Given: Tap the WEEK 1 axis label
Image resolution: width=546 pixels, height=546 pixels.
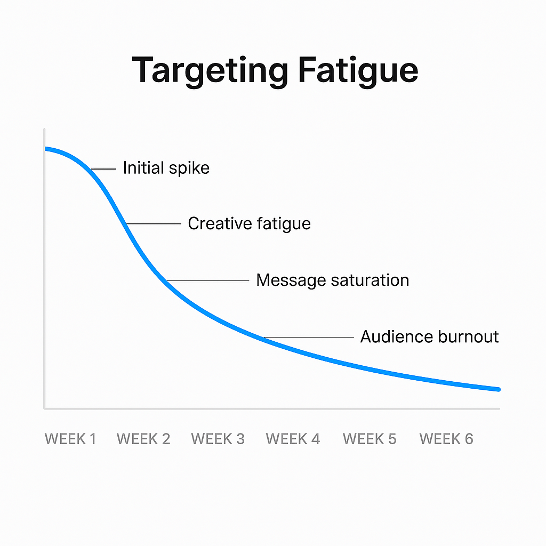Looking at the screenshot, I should (70, 439).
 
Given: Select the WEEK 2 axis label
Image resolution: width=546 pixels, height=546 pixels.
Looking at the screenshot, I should (143, 439).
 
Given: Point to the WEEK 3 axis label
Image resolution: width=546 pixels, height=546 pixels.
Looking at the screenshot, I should (218, 439).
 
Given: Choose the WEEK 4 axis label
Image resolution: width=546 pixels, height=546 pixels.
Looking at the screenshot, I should (293, 439).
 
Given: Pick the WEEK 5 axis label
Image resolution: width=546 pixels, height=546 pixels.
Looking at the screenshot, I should (370, 439).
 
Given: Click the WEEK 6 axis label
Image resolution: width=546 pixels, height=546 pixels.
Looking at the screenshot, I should (446, 439).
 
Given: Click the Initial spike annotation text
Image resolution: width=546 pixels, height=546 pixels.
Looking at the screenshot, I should (166, 168).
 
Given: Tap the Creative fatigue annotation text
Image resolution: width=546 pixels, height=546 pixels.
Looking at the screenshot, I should (249, 223).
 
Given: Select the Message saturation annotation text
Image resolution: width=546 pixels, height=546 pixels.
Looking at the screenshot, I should (333, 280).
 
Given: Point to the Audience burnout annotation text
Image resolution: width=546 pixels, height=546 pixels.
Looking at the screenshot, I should (430, 337).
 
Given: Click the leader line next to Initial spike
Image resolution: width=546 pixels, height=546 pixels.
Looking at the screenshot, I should (104, 169).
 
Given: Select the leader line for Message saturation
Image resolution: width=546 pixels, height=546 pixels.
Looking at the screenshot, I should (207, 281).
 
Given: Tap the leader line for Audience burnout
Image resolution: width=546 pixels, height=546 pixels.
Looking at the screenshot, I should (309, 338).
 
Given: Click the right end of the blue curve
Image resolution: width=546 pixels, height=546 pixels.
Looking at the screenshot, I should (498, 389).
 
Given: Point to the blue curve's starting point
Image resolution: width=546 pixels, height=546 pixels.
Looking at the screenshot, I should (46, 149).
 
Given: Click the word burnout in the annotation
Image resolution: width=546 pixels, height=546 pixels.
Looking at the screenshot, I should (469, 337).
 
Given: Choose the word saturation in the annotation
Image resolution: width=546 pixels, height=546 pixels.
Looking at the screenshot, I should (368, 280).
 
